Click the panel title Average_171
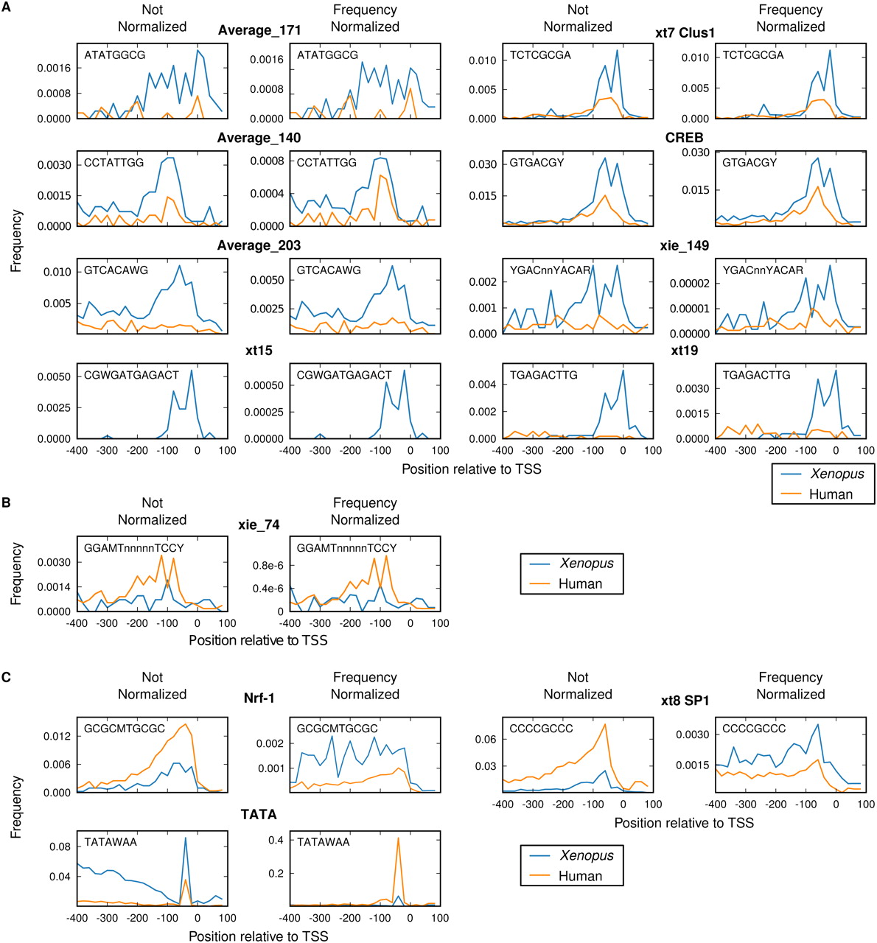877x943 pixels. point(259,30)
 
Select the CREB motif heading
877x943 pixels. point(684,138)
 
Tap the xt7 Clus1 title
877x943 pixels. point(685,33)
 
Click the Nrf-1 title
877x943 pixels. point(259,698)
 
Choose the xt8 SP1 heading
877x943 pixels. point(685,701)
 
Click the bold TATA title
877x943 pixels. point(259,814)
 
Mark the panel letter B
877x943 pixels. point(6,503)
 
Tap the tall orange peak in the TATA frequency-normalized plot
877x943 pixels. point(398,838)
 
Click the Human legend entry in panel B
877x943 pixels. point(580,583)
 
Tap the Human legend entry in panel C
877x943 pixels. point(580,876)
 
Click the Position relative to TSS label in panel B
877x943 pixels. point(258,639)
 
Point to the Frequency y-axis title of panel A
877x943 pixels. point(16,241)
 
